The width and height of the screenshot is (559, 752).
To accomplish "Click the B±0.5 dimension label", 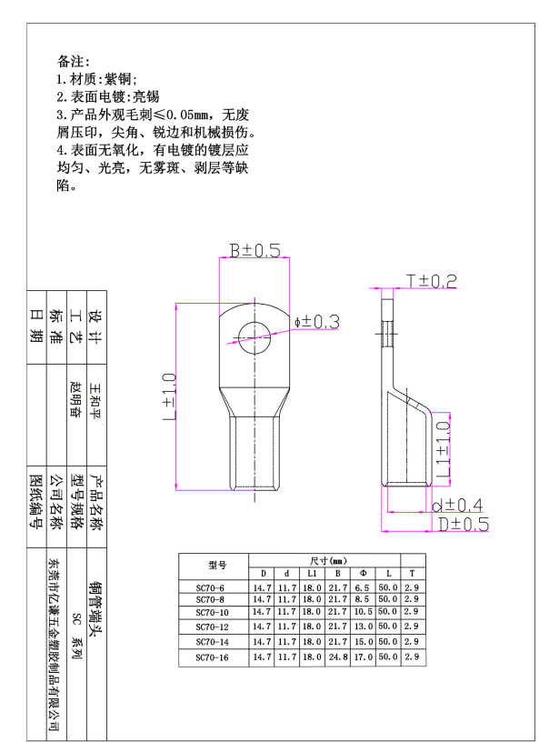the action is [x=255, y=250].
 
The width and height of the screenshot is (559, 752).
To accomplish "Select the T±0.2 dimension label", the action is [x=432, y=281].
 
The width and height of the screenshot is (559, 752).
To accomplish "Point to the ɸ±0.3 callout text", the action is [x=317, y=322].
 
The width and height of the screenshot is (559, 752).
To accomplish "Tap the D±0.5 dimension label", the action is [x=464, y=524].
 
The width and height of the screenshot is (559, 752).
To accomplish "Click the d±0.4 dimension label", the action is [x=457, y=505].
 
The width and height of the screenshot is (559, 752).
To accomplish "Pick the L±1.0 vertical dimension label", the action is [x=169, y=397].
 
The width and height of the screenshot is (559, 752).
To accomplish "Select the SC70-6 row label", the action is [x=210, y=588].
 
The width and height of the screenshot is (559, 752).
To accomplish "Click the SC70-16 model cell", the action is [x=212, y=657].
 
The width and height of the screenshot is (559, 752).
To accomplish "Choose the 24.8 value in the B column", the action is [x=338, y=657].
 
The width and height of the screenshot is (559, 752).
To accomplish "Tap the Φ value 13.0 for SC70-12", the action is [x=363, y=627].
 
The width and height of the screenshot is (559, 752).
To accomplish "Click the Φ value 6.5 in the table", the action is [x=362, y=587].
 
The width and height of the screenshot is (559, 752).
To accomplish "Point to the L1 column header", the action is [x=312, y=574].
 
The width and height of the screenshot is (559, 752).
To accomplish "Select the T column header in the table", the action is [x=412, y=573].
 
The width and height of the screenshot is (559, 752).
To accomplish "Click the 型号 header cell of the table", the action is [x=217, y=566].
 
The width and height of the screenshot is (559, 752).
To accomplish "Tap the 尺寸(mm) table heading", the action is [x=328, y=561].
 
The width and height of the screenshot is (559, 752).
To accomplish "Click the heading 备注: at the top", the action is [x=74, y=62].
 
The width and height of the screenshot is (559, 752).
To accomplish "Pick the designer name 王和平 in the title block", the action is [x=95, y=401].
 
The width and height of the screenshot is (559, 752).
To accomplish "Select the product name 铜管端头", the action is [x=95, y=609].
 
